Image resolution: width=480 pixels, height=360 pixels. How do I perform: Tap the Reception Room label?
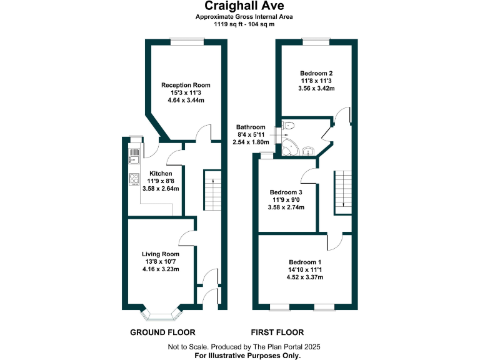click(x=186, y=85)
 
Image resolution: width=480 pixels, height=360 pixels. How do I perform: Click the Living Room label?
click(x=161, y=254)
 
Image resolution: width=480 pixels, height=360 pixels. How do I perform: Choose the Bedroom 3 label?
click(x=286, y=192)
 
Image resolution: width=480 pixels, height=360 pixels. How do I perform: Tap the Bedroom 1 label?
click(x=306, y=262)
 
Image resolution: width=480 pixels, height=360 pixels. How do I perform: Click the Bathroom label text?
click(x=251, y=127)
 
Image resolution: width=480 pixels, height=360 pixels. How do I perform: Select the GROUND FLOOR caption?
click(x=162, y=332)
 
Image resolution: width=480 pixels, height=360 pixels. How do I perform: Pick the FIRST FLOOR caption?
click(x=277, y=332)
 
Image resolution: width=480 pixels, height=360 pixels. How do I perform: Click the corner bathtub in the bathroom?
click(x=290, y=148)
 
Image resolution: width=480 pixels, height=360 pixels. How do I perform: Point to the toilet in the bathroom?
click(x=288, y=126)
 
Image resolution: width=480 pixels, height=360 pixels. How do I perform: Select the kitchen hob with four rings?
click(x=133, y=179)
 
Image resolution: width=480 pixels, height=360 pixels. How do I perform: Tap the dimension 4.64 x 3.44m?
click(x=186, y=100)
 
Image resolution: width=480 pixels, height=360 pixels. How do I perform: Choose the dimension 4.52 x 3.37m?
click(x=306, y=277)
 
